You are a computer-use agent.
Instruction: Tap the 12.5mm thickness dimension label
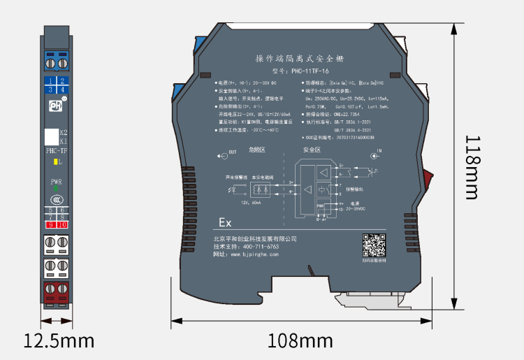pos(59,341)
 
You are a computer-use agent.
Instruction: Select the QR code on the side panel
pos(374,246)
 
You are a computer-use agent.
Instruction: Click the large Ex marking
pos(225,223)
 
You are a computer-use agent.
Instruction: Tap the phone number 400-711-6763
pos(256,247)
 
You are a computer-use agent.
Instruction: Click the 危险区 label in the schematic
pos(257,149)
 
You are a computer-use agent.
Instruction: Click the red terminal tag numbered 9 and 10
pos(57,224)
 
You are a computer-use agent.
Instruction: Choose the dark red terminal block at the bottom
pos(57,293)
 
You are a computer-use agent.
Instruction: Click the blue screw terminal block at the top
pos(56,61)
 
